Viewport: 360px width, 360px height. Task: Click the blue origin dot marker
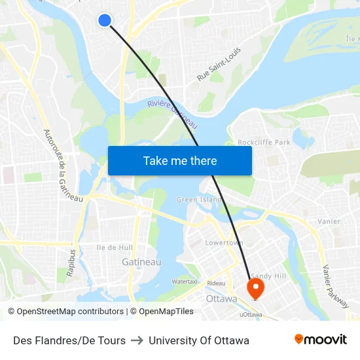click(104, 20)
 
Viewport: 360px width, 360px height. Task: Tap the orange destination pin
click(254, 287)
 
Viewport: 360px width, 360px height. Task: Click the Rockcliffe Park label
click(263, 142)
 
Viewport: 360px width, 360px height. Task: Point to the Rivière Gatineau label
click(172, 112)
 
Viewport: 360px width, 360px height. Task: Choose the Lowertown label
click(225, 243)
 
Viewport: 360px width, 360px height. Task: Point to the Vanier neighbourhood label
click(329, 221)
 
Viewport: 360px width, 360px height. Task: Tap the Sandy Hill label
click(269, 276)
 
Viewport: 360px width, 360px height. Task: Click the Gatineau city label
click(141, 262)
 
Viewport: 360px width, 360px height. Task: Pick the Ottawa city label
click(221, 298)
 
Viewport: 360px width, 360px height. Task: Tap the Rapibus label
click(71, 261)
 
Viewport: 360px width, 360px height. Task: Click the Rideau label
click(216, 283)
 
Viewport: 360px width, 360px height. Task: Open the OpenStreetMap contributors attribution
click(67, 312)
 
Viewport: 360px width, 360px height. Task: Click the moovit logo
click(320, 340)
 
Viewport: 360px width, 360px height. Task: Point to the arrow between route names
click(137, 340)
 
